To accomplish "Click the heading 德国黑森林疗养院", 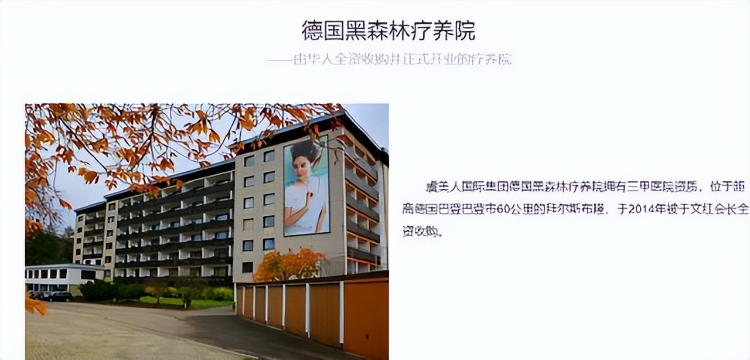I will (388, 30).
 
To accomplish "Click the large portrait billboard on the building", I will (306, 186).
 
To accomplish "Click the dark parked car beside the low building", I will (59, 296).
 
